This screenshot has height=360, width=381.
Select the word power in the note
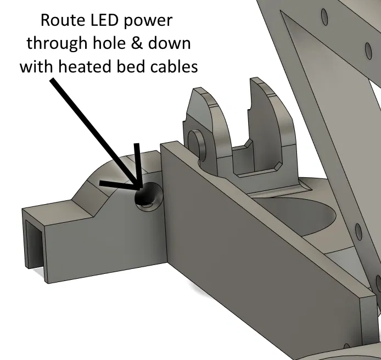[153, 23]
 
